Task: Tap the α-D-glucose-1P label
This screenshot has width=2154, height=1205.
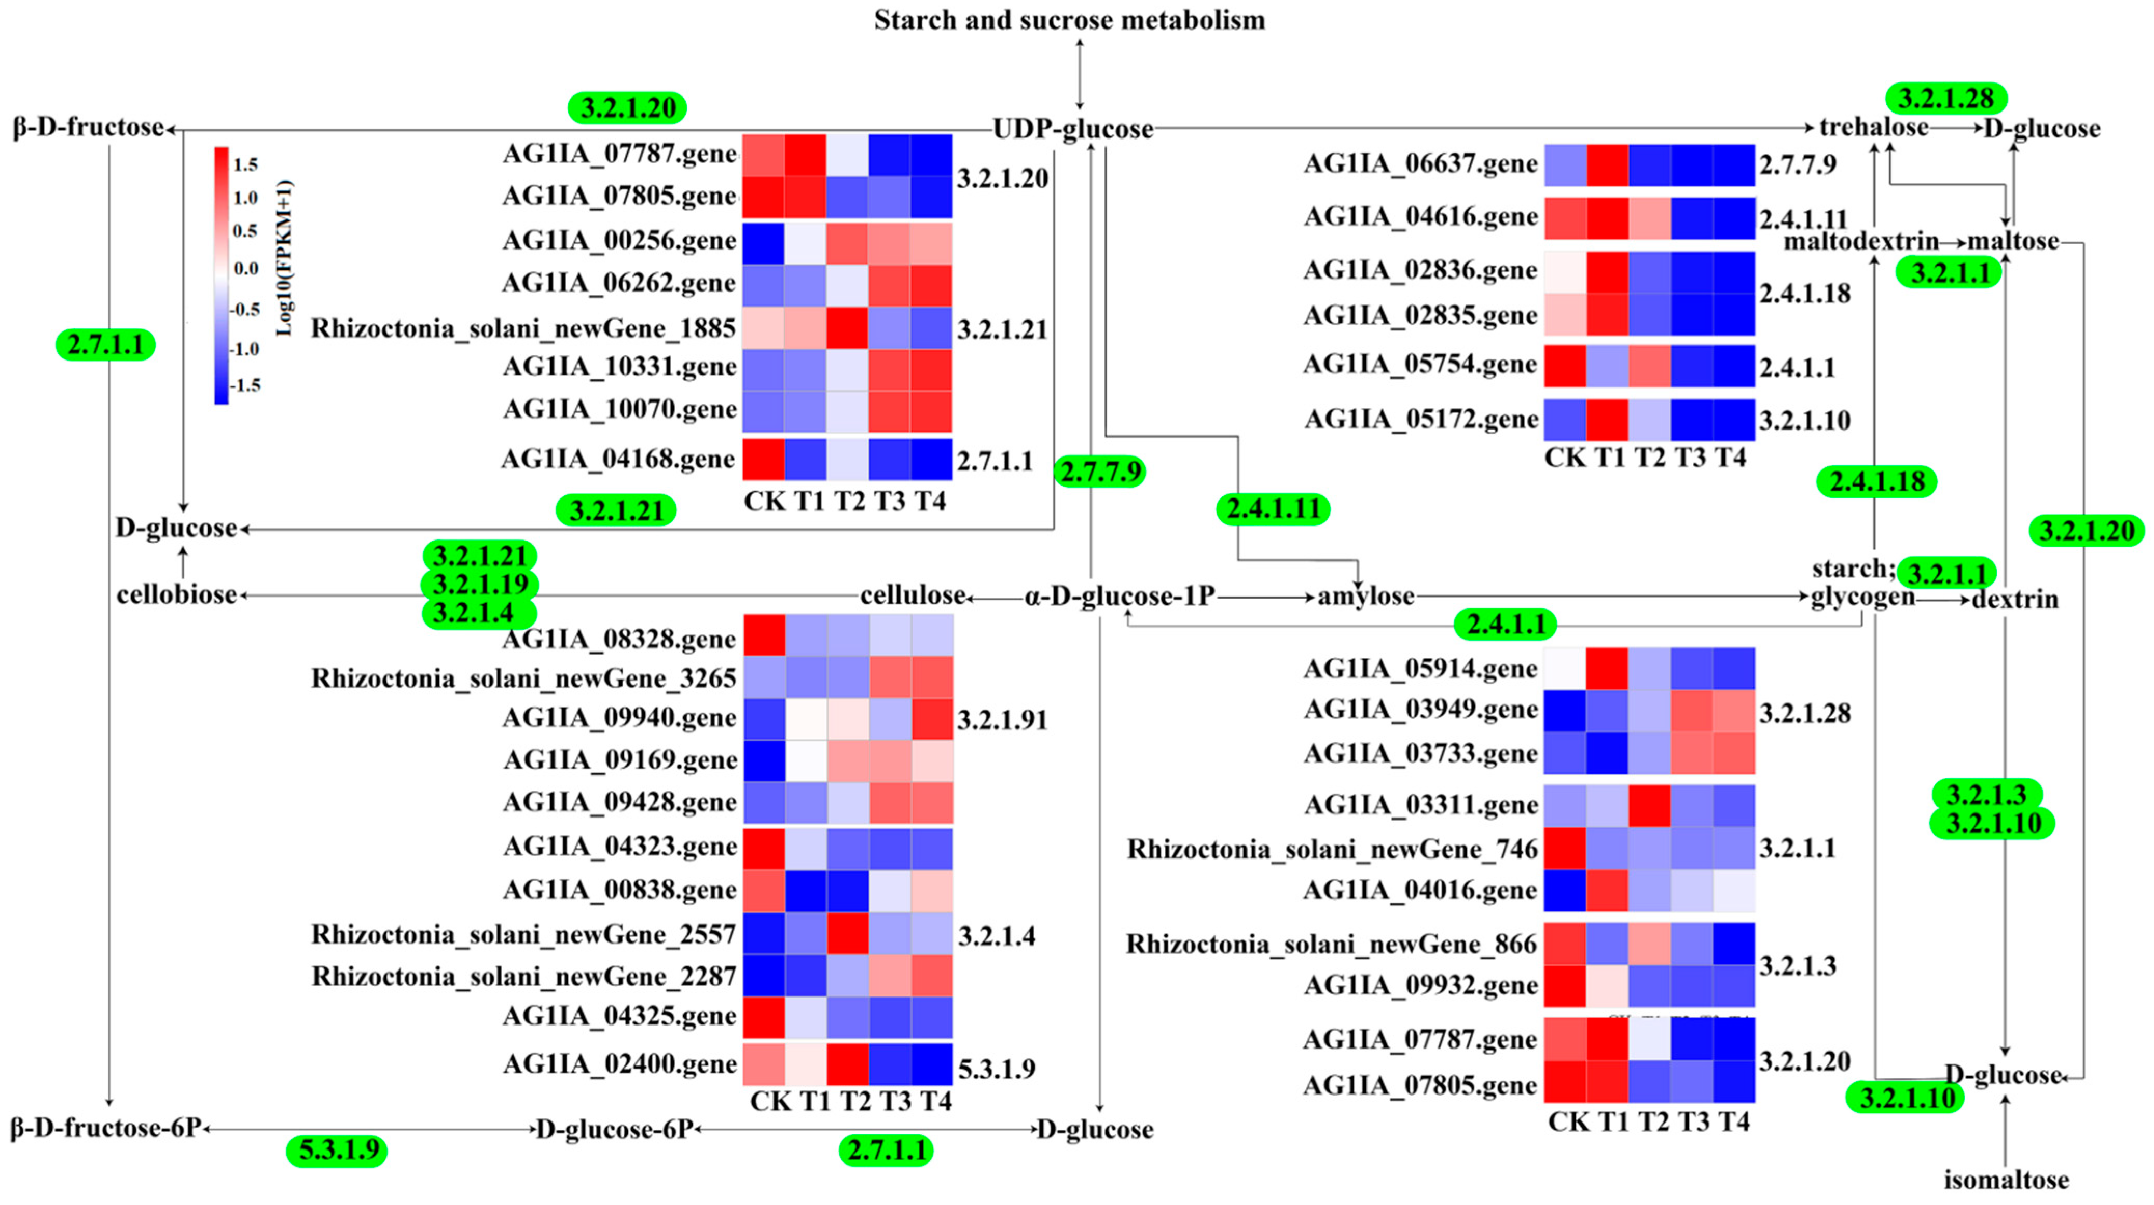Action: point(1119,596)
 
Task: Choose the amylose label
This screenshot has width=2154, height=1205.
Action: point(1365,596)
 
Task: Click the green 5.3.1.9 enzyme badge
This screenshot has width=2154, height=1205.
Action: point(337,1150)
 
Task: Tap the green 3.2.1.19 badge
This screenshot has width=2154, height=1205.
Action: point(480,584)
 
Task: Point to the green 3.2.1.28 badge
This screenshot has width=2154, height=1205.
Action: point(1946,98)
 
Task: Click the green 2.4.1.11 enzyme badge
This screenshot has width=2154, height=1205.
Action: point(1273,508)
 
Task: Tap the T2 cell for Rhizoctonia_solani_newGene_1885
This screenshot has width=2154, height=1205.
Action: point(847,328)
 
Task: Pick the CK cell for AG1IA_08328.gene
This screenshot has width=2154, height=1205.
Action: point(764,635)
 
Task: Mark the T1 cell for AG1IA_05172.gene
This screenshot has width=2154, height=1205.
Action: point(1607,420)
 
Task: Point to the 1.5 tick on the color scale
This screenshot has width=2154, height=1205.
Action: point(245,164)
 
